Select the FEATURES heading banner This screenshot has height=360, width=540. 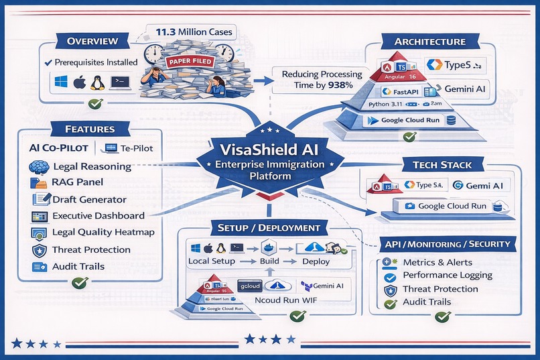[x=90, y=129]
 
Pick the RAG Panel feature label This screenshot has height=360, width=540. [x=78, y=182]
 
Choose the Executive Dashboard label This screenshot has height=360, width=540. [x=98, y=216]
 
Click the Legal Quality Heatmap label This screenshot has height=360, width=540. [x=103, y=233]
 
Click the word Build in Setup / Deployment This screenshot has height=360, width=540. [x=269, y=261]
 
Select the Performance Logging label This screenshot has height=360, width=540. [x=447, y=275]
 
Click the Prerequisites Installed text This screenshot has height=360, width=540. [x=95, y=62]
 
